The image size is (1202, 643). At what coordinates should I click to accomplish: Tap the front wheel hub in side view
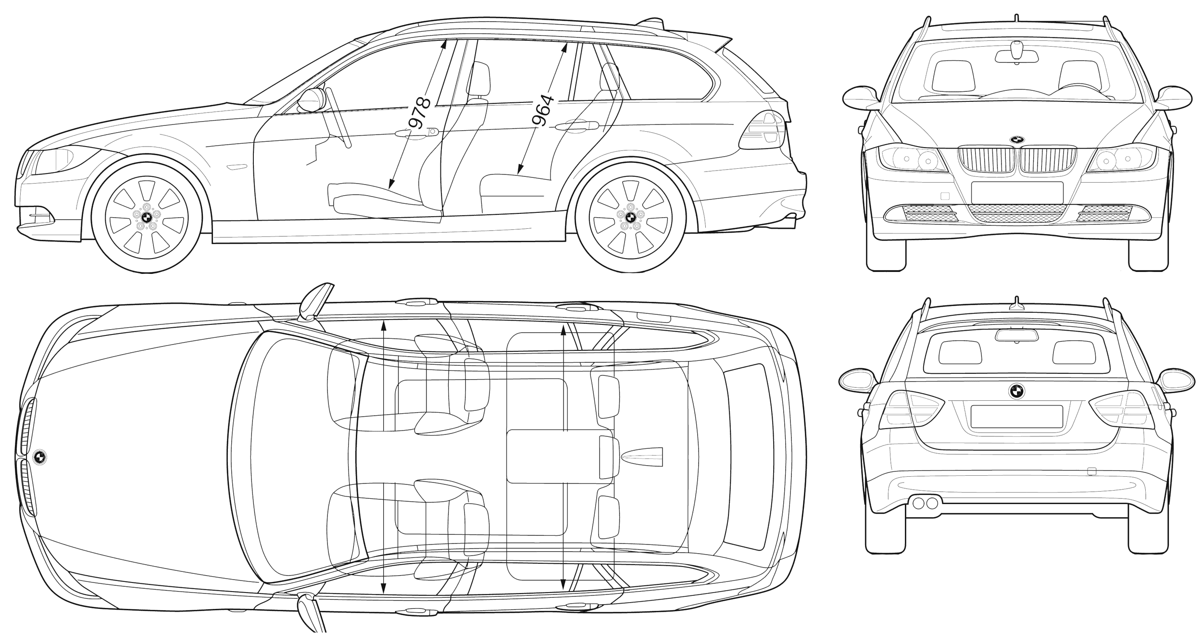(147, 217)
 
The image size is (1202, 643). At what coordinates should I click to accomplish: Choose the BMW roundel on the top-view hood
(40, 457)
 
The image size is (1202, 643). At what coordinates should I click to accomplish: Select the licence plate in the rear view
(1016, 416)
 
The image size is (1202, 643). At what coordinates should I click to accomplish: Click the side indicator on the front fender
(236, 167)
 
